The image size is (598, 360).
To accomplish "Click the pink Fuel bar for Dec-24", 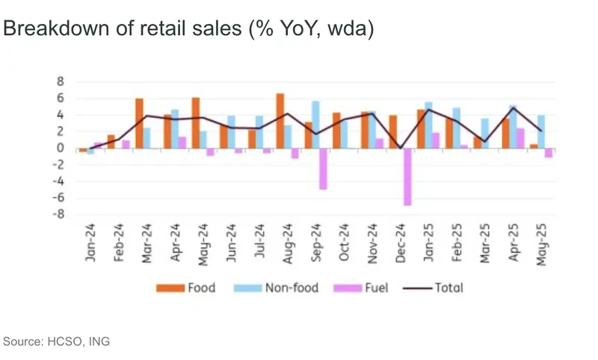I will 407,176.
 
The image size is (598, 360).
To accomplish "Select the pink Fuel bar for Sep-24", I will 323,168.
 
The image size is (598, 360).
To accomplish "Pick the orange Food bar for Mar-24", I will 139,123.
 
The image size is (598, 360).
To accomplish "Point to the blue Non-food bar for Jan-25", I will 429,125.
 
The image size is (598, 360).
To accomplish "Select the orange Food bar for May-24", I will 196,122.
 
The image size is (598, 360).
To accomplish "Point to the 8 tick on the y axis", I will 62,81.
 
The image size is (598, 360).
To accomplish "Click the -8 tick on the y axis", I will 60,214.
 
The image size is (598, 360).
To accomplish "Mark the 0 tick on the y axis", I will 62,148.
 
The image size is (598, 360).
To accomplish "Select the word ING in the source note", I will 98,341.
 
